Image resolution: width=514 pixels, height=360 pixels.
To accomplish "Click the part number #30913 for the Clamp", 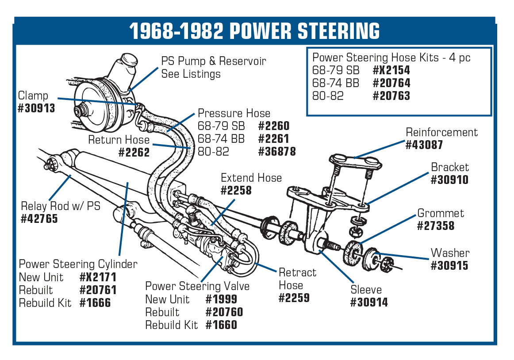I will (x=36, y=108).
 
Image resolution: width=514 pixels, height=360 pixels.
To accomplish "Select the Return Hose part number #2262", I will (x=134, y=153).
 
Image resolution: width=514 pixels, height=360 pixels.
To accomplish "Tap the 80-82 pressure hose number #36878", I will (x=276, y=151).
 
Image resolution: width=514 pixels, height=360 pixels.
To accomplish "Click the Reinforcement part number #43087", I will (x=424, y=145).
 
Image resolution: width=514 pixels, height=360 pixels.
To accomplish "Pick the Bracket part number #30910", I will (x=449, y=180).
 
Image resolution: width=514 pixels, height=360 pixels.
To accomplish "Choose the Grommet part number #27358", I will (x=435, y=226).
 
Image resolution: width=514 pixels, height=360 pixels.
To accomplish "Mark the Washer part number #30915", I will (x=449, y=265).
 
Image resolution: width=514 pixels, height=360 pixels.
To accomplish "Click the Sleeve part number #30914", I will (x=369, y=303).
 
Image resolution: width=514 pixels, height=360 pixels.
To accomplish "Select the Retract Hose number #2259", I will (x=294, y=298).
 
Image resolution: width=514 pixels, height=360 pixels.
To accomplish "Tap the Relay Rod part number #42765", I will (x=39, y=219).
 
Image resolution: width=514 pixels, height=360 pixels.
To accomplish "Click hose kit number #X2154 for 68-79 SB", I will (x=391, y=70).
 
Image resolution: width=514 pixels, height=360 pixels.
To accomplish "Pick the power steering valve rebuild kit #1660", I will (x=221, y=325).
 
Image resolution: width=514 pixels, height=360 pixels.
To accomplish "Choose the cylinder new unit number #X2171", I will (x=98, y=278).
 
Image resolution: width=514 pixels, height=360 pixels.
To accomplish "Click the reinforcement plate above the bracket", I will (x=356, y=162).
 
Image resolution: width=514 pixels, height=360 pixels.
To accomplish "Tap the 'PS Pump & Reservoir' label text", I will (x=214, y=61).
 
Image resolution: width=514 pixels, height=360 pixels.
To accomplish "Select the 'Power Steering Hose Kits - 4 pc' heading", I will (x=391, y=57).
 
